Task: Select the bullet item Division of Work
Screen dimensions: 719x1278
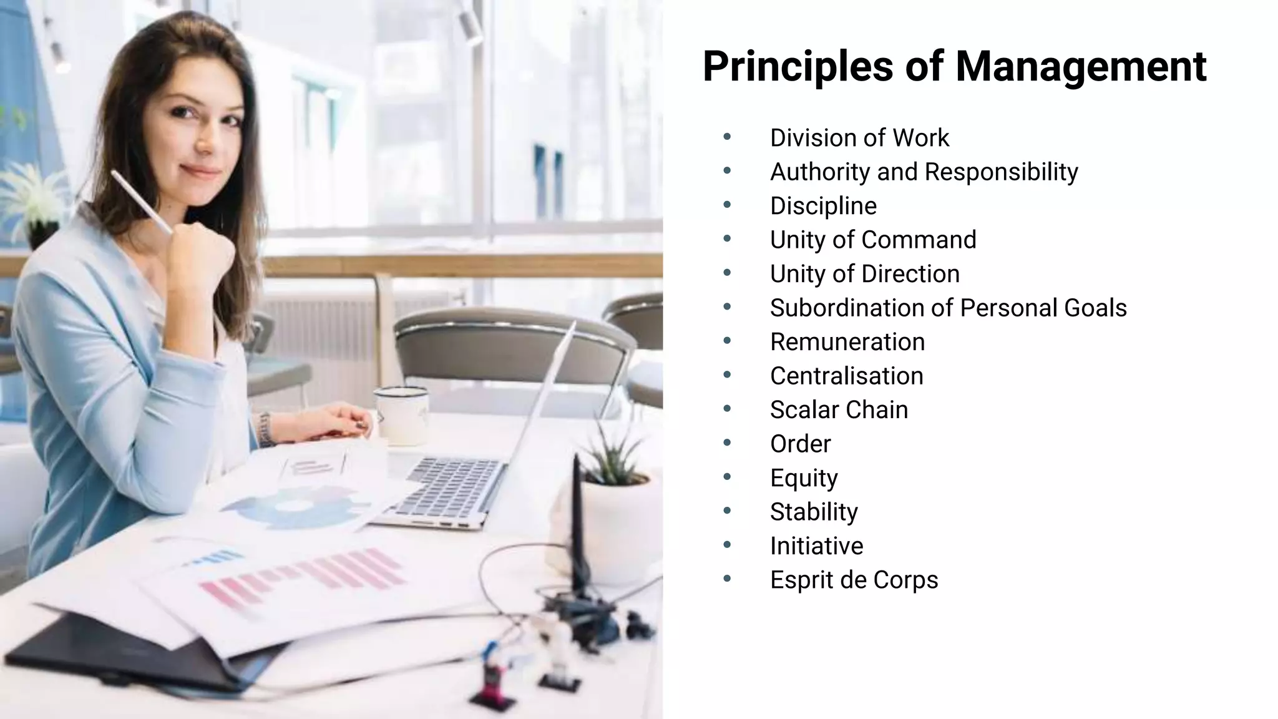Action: click(x=859, y=138)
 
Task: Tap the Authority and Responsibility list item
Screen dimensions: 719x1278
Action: click(x=924, y=172)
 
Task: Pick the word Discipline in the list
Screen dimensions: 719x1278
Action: click(x=823, y=206)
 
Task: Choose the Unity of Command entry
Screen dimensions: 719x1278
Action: click(x=872, y=240)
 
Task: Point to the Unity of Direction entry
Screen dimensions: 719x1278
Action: click(x=864, y=274)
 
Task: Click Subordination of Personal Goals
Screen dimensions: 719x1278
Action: click(x=948, y=308)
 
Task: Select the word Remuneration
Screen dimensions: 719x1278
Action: click(x=847, y=342)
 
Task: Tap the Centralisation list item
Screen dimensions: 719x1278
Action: click(x=846, y=376)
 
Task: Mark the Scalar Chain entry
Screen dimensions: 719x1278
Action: click(x=839, y=410)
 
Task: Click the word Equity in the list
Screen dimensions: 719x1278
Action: click(x=804, y=478)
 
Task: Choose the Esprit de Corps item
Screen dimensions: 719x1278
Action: click(x=854, y=580)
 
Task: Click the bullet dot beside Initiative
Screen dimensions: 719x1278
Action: click(x=727, y=545)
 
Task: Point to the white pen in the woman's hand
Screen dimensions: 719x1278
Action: click(x=141, y=201)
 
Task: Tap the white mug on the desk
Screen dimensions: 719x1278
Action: click(x=402, y=415)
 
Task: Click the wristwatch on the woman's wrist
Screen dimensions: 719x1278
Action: click(x=265, y=430)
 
